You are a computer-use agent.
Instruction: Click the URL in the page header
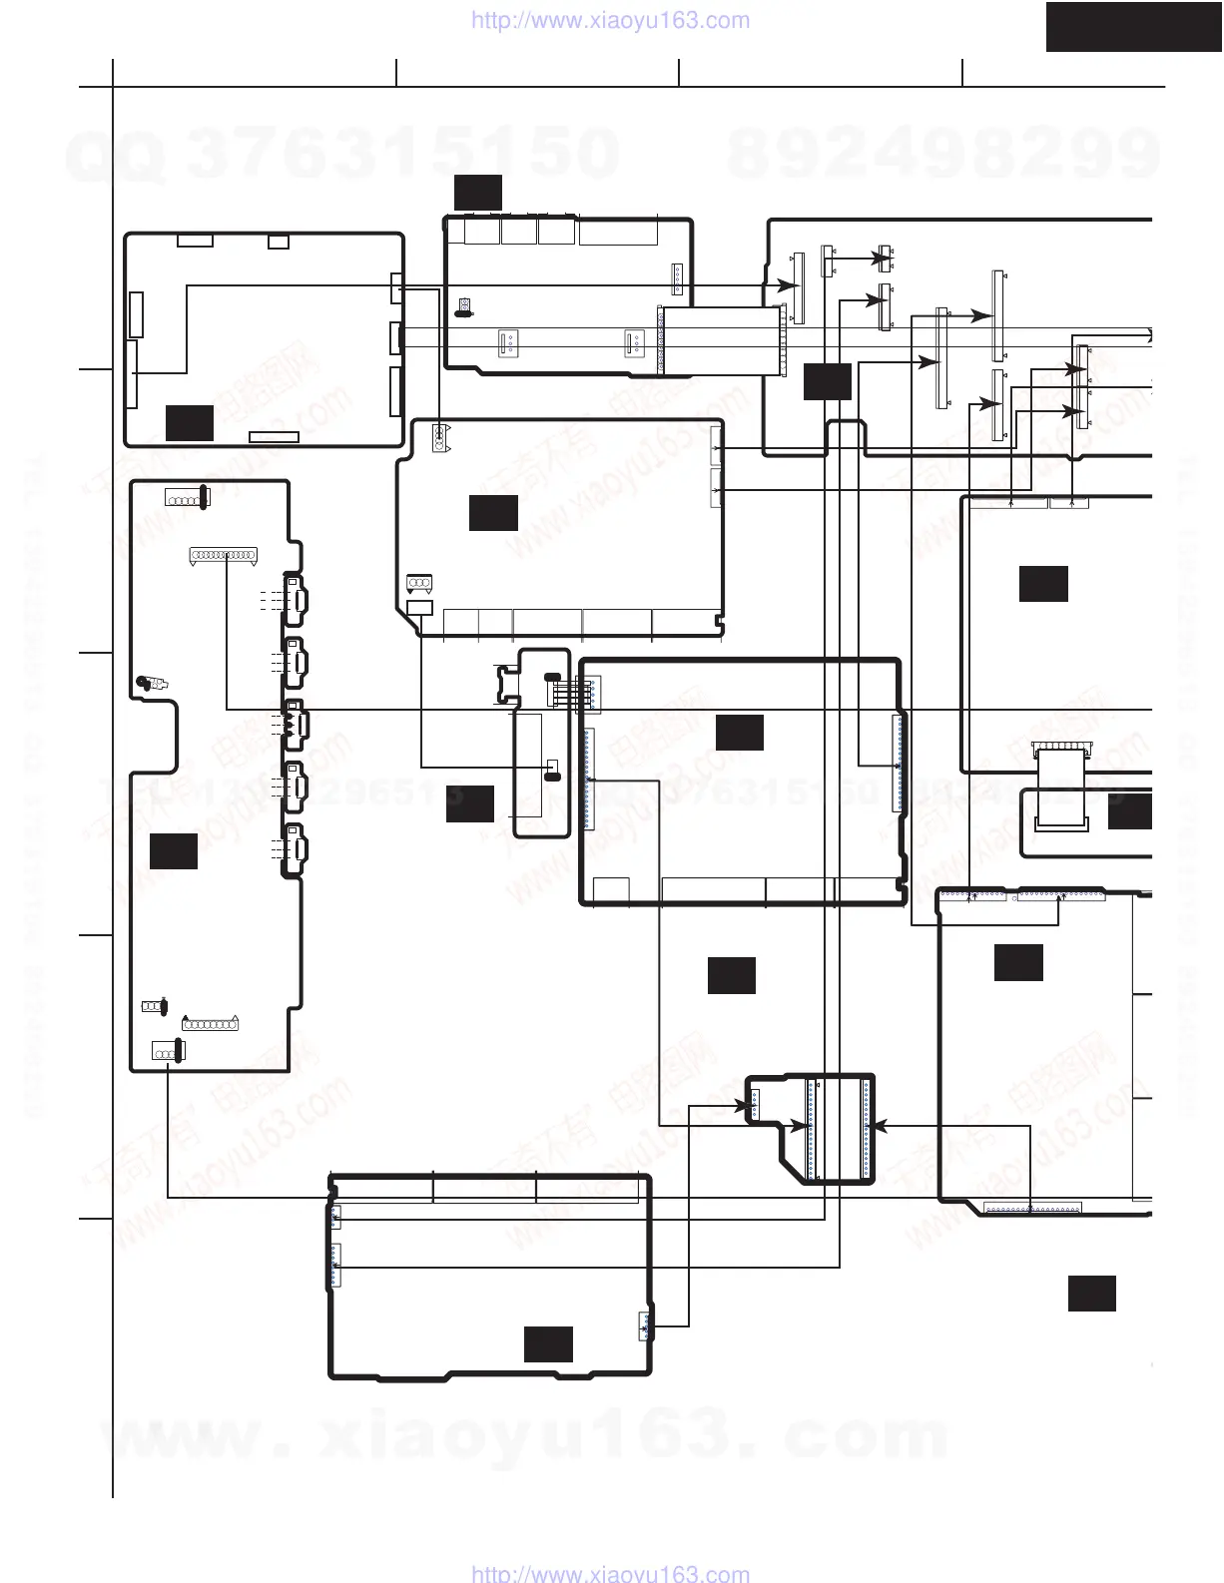pos(609,21)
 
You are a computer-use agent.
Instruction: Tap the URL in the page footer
pos(609,1574)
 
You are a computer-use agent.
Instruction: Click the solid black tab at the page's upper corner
pos(1133,26)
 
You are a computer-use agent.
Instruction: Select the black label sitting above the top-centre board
pos(477,192)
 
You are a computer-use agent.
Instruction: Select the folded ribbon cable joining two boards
pos(1060,789)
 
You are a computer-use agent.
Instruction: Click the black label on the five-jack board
pos(174,851)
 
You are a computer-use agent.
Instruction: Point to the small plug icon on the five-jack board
pos(152,684)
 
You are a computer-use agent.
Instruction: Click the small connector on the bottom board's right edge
pos(645,1325)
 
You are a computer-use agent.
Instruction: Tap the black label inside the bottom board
pos(548,1343)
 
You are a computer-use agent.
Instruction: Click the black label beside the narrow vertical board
pos(470,803)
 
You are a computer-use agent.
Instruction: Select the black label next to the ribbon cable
pos(1130,811)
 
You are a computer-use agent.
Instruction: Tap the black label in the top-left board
pos(190,422)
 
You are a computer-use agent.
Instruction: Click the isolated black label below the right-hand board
pos(1091,1293)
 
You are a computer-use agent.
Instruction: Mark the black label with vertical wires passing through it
pos(828,381)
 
